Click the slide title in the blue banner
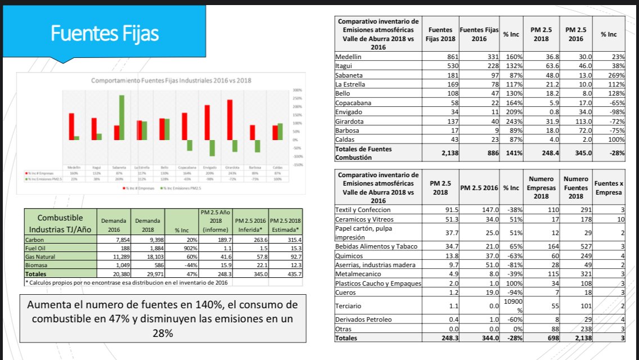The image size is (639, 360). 105,33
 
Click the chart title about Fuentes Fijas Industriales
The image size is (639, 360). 171,80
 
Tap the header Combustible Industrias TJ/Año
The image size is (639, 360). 60,223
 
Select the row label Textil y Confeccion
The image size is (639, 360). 363,210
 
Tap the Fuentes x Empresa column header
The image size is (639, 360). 608,188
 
